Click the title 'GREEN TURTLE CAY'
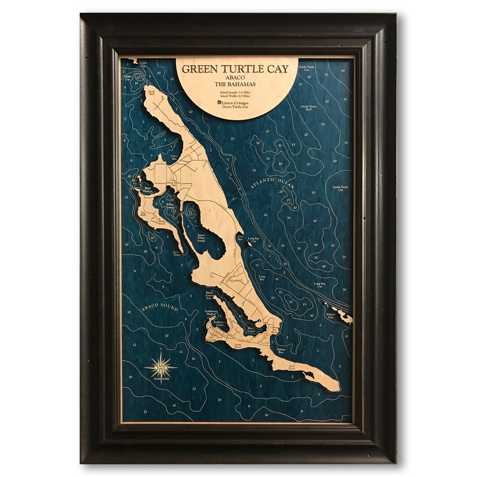[x=235, y=69]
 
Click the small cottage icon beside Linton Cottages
[x=219, y=102]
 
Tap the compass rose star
[x=161, y=367]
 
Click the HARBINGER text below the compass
[x=161, y=378]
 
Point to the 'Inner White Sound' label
[x=201, y=238]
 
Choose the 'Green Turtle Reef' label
[x=309, y=108]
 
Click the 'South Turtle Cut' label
[x=341, y=188]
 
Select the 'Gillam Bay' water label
[x=281, y=351]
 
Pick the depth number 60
[x=343, y=71]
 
